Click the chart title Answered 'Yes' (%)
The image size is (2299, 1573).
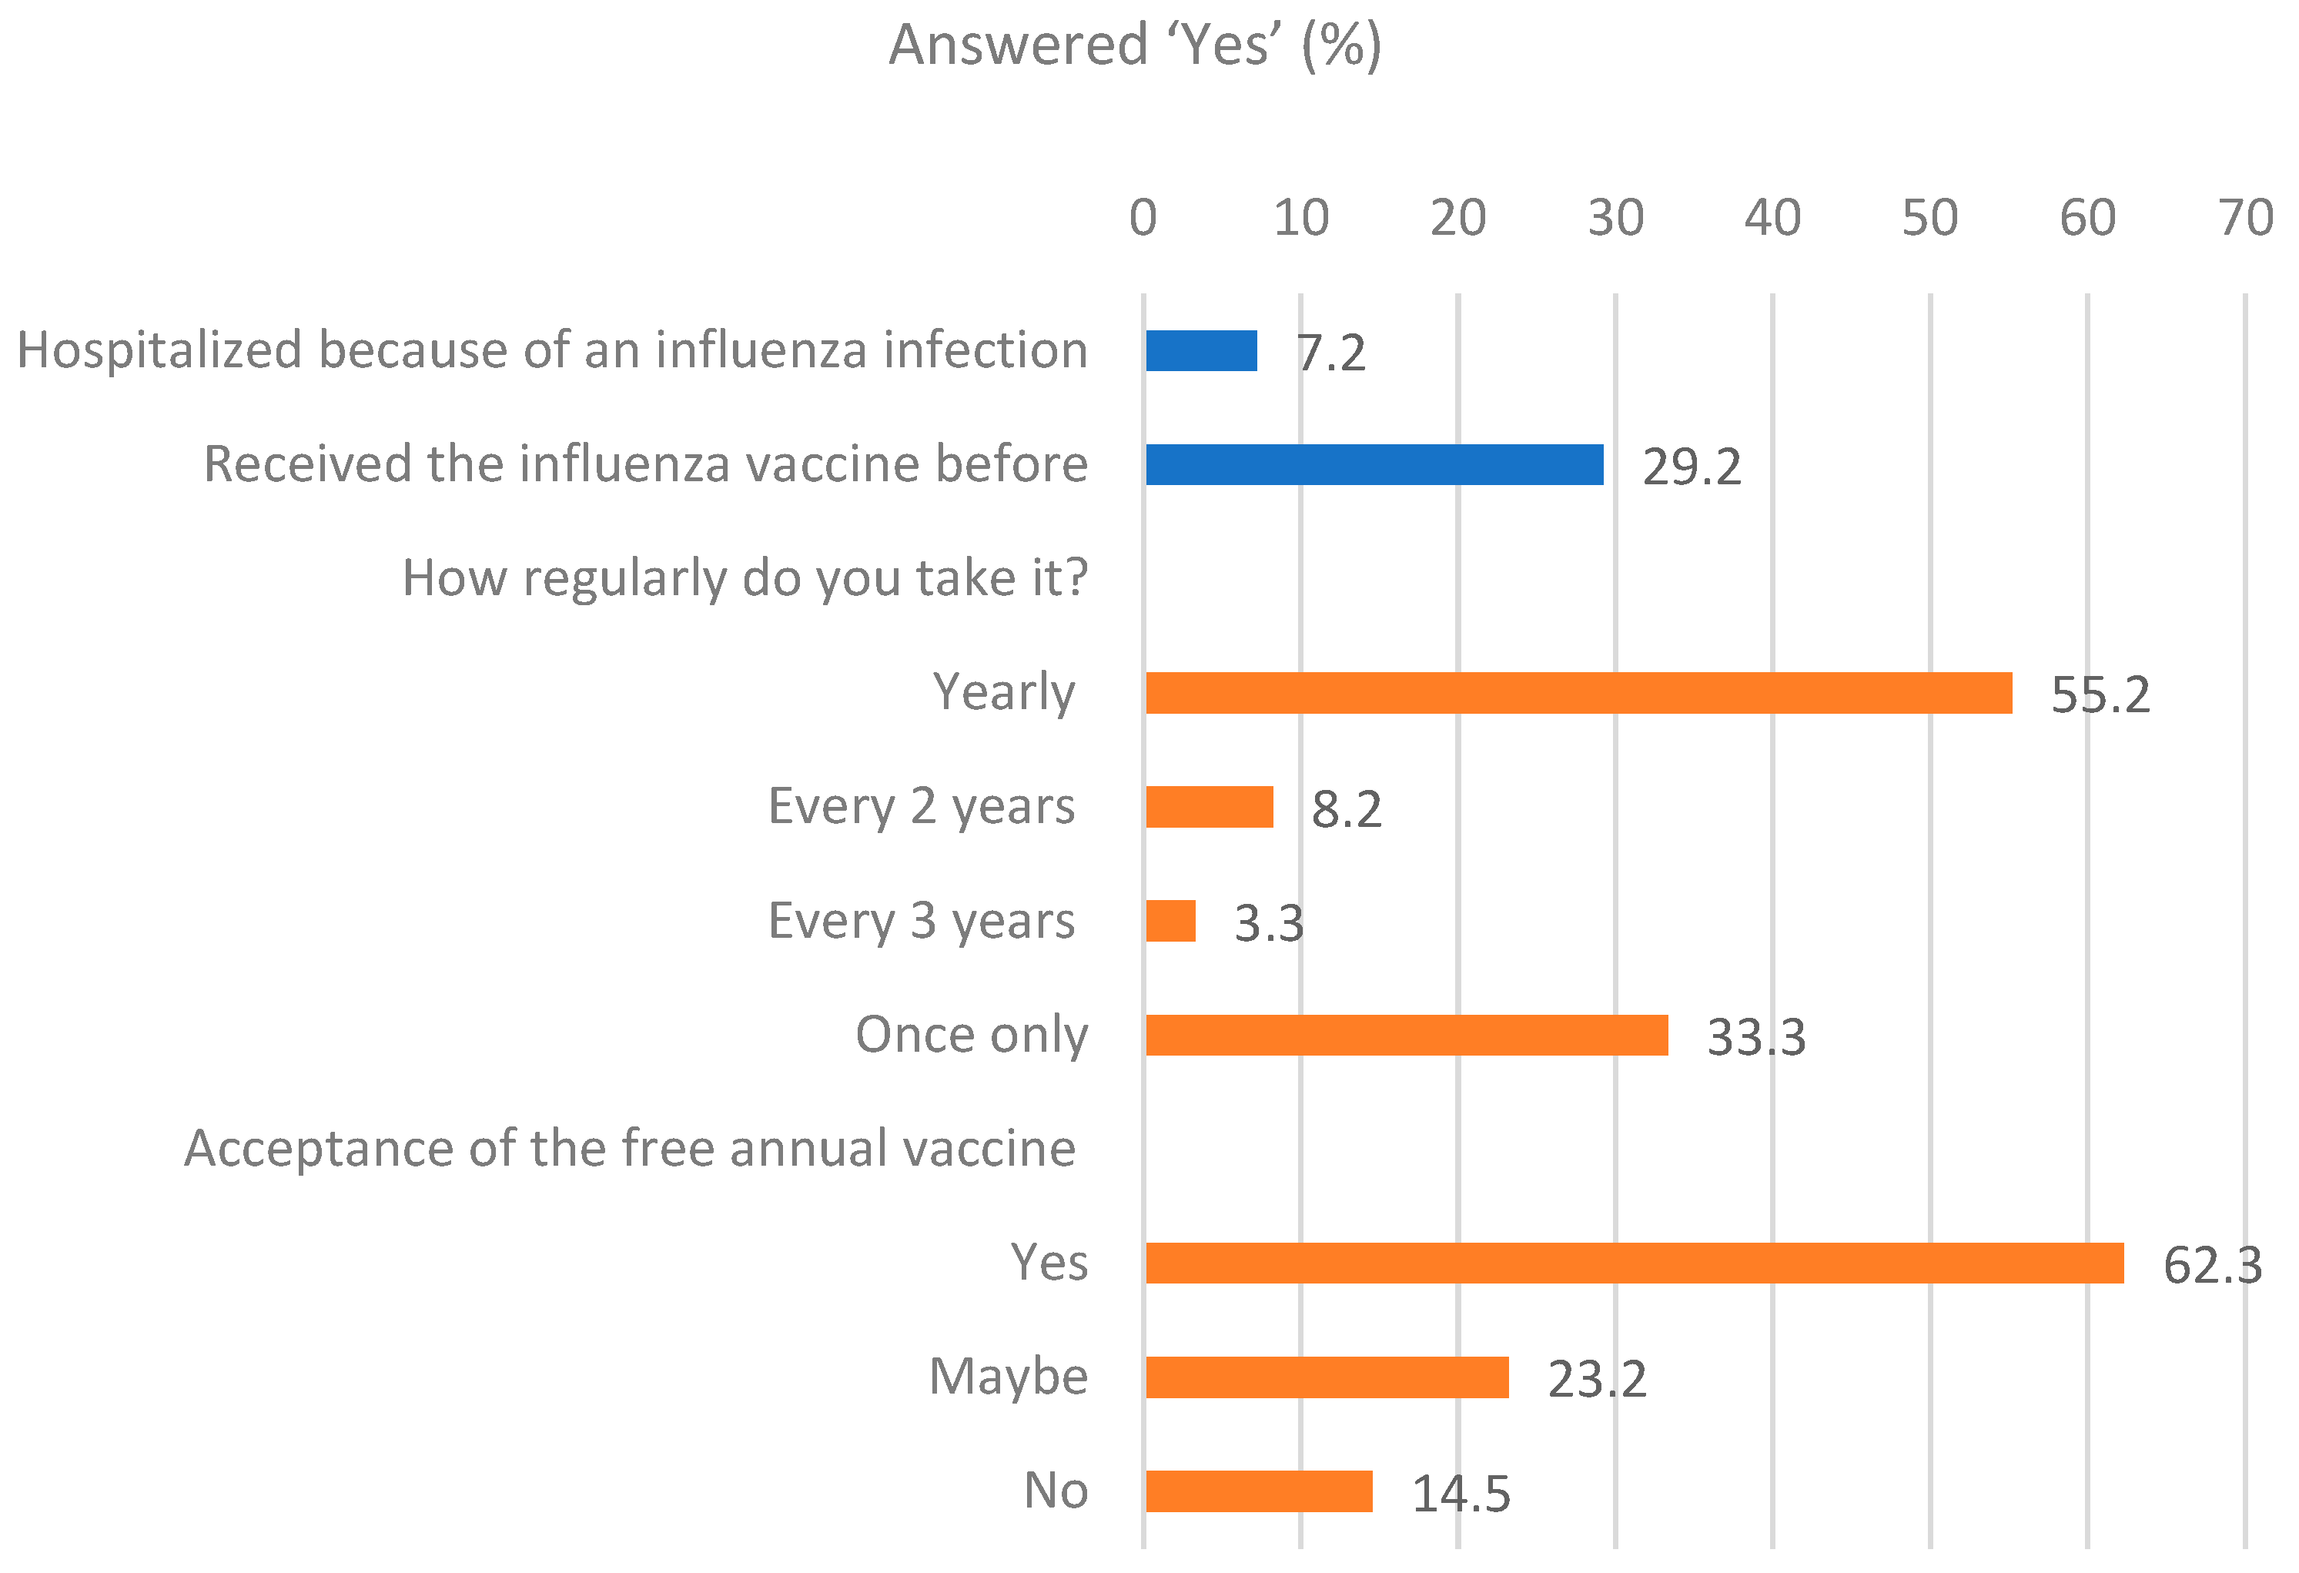(1135, 45)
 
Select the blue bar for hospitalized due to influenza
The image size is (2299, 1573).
(1201, 351)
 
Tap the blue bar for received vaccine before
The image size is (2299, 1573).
(1374, 465)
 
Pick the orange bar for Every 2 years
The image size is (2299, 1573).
(1209, 807)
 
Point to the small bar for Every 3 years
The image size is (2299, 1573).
(1170, 921)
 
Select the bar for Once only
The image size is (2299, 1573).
(1407, 1036)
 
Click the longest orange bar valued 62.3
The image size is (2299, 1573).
(1635, 1263)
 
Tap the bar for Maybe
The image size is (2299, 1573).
(1327, 1377)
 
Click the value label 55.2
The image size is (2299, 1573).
(2100, 695)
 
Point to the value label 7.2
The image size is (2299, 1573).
(1331, 354)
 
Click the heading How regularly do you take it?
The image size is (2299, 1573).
(745, 577)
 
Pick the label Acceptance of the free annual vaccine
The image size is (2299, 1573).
(630, 1149)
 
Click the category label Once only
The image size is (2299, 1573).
(972, 1035)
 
